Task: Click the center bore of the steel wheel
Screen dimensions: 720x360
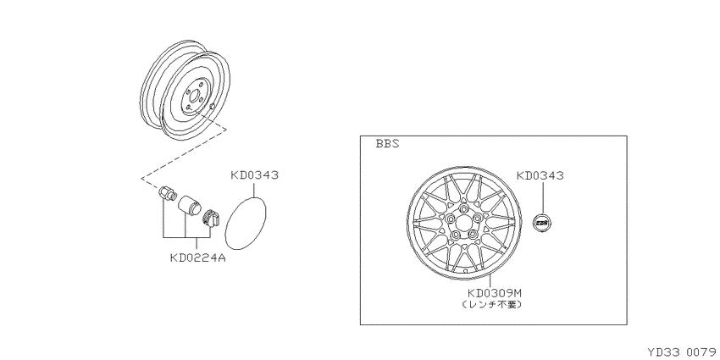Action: pyautogui.click(x=194, y=97)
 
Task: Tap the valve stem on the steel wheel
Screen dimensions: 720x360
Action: pyautogui.click(x=212, y=107)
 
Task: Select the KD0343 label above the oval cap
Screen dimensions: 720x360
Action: pyautogui.click(x=254, y=175)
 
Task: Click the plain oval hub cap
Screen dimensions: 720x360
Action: pyautogui.click(x=246, y=223)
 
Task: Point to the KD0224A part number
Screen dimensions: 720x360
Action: pyautogui.click(x=198, y=258)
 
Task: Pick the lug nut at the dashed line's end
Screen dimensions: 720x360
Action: pyautogui.click(x=167, y=193)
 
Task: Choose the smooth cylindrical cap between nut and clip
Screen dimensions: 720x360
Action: pyautogui.click(x=189, y=206)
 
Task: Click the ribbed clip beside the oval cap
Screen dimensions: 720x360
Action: pyautogui.click(x=211, y=217)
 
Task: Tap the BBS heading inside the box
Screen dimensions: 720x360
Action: pyautogui.click(x=388, y=144)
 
